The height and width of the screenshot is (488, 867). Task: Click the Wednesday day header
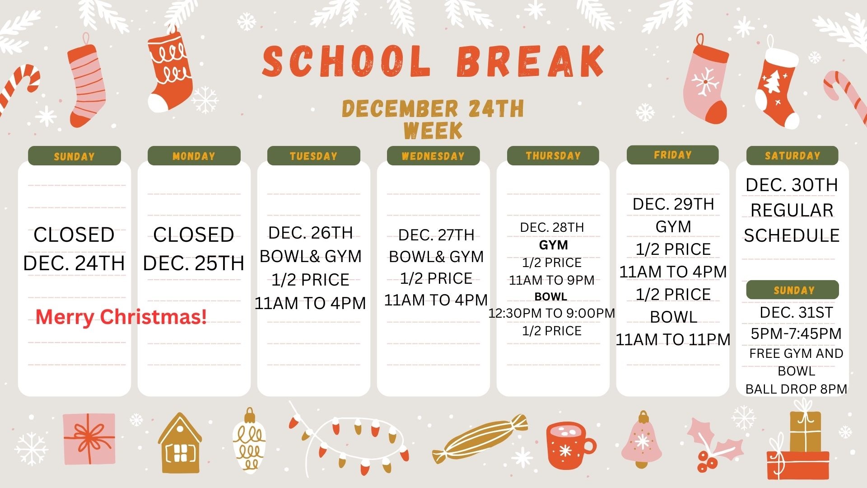(433, 156)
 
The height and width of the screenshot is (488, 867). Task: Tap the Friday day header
(672, 155)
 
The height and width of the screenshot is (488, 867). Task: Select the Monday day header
(194, 156)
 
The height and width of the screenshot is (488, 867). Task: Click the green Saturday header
(792, 155)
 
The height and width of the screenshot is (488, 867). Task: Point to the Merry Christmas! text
(121, 317)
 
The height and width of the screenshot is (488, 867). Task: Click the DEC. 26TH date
(310, 233)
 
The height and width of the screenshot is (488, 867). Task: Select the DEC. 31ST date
(796, 312)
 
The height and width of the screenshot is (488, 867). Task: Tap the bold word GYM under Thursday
(553, 245)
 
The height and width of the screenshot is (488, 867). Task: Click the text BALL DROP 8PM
(796, 389)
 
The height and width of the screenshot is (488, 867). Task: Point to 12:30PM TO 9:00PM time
(551, 313)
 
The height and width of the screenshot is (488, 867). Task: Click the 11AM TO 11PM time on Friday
(673, 339)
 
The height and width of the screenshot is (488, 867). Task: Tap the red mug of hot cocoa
(570, 446)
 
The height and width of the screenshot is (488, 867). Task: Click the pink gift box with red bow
(89, 439)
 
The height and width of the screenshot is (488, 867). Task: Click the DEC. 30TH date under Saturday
(792, 185)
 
